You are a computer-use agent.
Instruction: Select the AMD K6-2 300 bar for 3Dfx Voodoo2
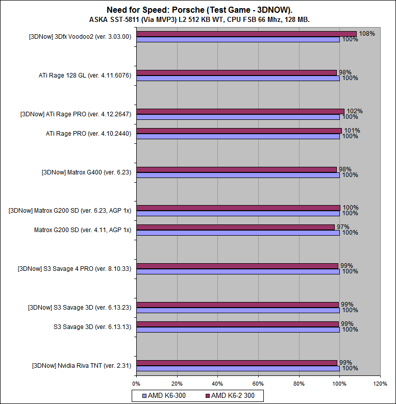[246, 34]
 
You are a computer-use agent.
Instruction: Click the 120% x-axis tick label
[380, 383]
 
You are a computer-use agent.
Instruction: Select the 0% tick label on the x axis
[136, 383]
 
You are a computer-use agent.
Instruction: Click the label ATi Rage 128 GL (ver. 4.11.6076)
[85, 75]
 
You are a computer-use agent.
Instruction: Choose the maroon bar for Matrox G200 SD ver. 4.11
[235, 227]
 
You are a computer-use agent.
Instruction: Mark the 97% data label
[342, 227]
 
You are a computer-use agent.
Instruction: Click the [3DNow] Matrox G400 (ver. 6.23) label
[86, 172]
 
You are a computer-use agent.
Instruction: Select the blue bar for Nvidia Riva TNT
[238, 368]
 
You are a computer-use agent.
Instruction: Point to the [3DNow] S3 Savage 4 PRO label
[75, 269]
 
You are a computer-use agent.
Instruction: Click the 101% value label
[352, 131]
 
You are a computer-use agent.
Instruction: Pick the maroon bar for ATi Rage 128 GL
[236, 72]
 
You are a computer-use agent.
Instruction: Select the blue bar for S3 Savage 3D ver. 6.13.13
[238, 330]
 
